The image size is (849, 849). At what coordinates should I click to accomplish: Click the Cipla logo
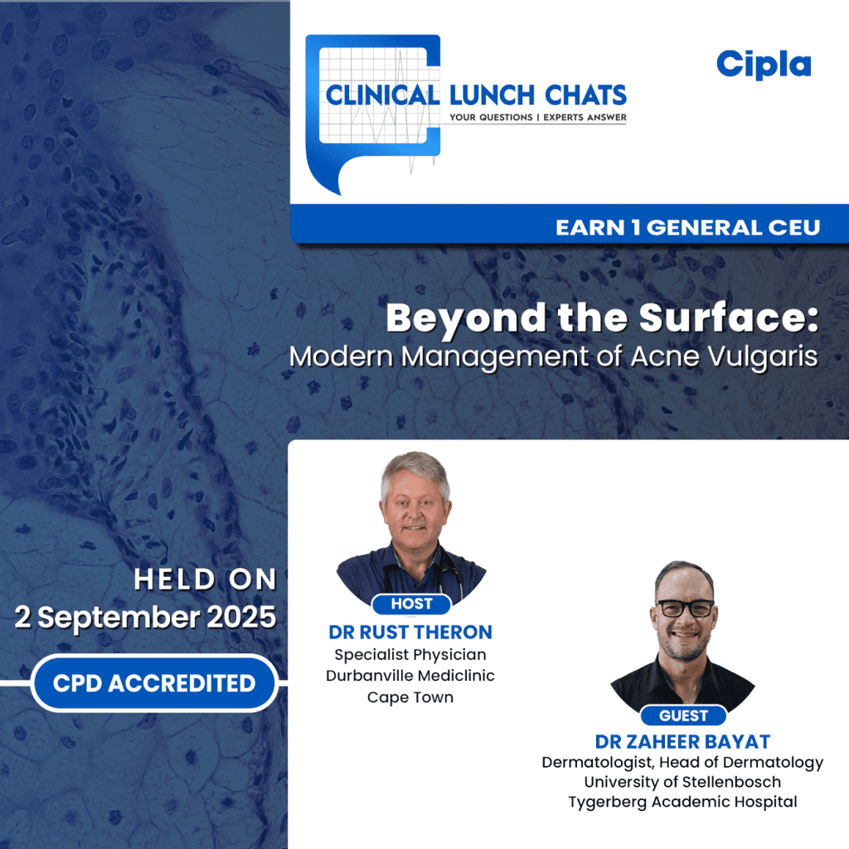click(x=764, y=64)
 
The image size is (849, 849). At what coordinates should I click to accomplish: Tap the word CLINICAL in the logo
click(x=382, y=95)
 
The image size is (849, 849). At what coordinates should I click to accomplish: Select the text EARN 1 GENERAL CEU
click(x=687, y=227)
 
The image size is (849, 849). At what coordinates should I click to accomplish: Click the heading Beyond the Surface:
click(x=602, y=319)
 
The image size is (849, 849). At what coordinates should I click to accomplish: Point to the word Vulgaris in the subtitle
click(x=767, y=357)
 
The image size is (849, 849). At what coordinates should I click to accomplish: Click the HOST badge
click(x=411, y=604)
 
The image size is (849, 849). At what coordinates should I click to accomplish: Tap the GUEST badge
click(x=683, y=715)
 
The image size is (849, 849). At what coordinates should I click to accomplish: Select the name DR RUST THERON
click(x=410, y=632)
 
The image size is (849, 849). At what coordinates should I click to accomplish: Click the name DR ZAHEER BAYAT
click(x=682, y=741)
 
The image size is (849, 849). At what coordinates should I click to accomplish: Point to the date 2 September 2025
click(x=145, y=618)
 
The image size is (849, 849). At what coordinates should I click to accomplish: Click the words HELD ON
click(x=205, y=580)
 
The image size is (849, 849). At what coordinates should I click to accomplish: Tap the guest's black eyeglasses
click(x=684, y=607)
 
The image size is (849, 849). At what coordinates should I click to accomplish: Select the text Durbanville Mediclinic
click(x=410, y=676)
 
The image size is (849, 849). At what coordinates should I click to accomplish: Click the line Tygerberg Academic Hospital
click(x=682, y=802)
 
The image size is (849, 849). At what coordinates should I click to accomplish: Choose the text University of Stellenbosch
click(x=682, y=782)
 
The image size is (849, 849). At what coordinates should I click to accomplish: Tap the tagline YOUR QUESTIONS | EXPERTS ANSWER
click(x=537, y=118)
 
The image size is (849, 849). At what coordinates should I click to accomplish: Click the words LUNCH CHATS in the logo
click(x=537, y=94)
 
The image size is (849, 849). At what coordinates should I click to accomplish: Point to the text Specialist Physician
click(x=410, y=654)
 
